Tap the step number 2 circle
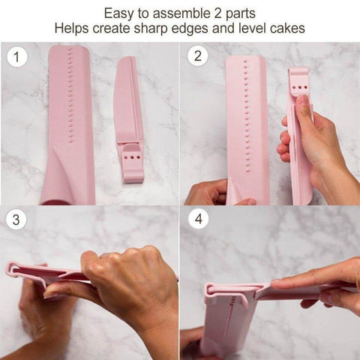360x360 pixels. tap(196, 57)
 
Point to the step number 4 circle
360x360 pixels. tap(196, 220)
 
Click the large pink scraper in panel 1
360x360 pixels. tap(67, 112)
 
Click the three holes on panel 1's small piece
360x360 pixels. tap(132, 159)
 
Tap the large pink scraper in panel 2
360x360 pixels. tap(247, 127)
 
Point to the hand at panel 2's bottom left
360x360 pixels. tap(207, 193)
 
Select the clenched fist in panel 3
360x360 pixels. tap(124, 281)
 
